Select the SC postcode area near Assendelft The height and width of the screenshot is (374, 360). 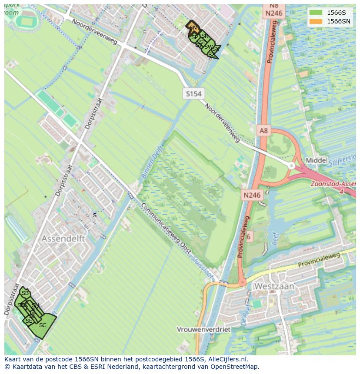tap(43, 326)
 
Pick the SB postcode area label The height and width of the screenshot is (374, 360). tap(25, 293)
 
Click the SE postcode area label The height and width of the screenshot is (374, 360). tap(29, 321)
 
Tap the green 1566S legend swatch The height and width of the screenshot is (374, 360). tap(316, 12)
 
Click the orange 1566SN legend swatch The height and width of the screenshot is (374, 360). tap(316, 21)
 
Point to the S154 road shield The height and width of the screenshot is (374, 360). tap(193, 93)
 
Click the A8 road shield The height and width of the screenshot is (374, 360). tap(264, 130)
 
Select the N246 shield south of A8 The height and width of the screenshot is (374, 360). tap(252, 195)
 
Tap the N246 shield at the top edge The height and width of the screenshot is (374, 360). tap(273, 13)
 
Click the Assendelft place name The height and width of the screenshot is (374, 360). tap(63, 239)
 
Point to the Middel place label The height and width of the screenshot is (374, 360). tap(317, 160)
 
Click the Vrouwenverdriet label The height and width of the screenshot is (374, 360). tap(203, 330)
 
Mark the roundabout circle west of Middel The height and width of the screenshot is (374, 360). tap(291, 165)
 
